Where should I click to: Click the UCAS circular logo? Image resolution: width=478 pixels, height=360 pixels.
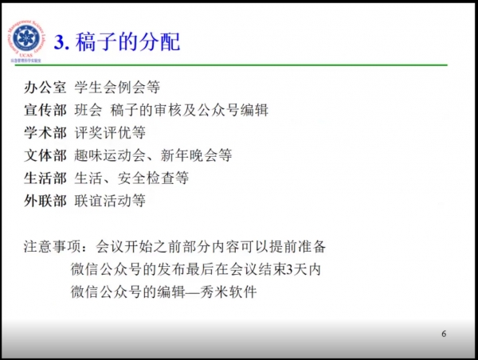(x=26, y=41)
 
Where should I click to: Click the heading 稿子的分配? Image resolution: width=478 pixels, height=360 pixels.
(x=127, y=41)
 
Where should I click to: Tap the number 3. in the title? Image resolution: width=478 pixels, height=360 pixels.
(x=61, y=42)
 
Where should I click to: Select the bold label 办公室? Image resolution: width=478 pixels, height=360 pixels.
(x=45, y=88)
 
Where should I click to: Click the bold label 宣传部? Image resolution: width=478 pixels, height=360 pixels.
(x=45, y=110)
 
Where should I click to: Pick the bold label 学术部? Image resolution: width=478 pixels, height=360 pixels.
(x=45, y=133)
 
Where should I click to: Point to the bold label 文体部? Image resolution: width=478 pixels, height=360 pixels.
(x=45, y=155)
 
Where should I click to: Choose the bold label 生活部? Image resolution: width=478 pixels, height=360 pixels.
(x=45, y=178)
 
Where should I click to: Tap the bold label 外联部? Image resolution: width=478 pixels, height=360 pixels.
(x=45, y=201)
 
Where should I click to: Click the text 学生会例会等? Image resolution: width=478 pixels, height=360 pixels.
(x=117, y=88)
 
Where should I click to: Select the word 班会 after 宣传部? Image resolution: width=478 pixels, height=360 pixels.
(x=88, y=110)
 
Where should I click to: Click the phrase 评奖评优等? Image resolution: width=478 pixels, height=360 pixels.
(x=110, y=133)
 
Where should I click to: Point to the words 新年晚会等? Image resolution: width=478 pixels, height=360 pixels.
(x=196, y=155)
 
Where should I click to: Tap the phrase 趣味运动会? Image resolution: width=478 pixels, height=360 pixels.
(x=110, y=155)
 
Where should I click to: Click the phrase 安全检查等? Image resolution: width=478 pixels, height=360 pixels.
(x=153, y=178)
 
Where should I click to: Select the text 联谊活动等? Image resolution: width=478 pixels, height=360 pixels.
(x=110, y=201)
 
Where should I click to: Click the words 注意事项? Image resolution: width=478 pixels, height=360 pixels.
(x=52, y=247)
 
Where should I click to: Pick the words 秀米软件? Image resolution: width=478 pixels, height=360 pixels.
(x=229, y=292)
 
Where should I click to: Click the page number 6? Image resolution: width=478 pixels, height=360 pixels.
(x=444, y=334)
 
